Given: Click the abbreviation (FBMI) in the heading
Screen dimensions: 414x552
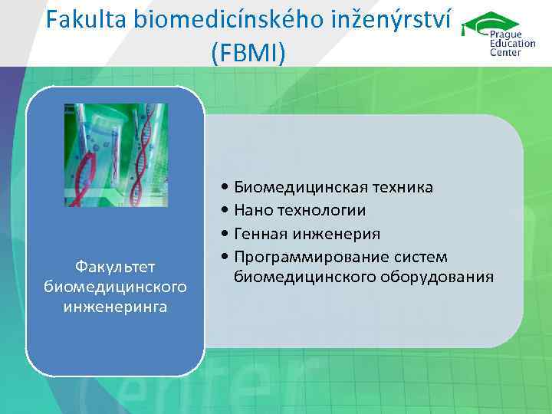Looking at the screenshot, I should coord(247,54).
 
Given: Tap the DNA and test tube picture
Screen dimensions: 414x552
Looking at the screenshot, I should coord(116,155).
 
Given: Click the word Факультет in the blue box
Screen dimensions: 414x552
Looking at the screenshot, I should coord(115,266).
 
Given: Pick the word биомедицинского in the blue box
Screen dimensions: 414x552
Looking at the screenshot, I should coord(115,287).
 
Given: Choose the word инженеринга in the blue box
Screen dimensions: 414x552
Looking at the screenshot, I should coord(115,307).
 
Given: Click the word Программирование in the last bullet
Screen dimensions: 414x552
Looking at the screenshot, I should coord(301,256).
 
